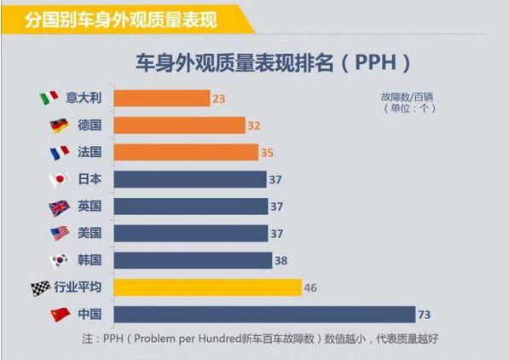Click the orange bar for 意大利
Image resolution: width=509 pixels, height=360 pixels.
tap(161, 98)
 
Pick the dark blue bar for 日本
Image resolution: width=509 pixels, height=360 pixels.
tap(189, 179)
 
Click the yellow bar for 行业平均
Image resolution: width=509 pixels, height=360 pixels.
tap(207, 287)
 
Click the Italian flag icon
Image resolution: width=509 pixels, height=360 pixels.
tap(50, 98)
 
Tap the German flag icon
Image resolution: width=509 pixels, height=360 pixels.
tap(59, 125)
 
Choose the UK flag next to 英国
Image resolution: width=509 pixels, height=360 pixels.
tap(59, 206)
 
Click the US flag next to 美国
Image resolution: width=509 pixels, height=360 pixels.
tap(59, 233)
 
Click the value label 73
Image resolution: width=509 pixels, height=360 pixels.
tap(428, 315)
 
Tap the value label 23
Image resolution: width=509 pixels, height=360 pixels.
tap(219, 99)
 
